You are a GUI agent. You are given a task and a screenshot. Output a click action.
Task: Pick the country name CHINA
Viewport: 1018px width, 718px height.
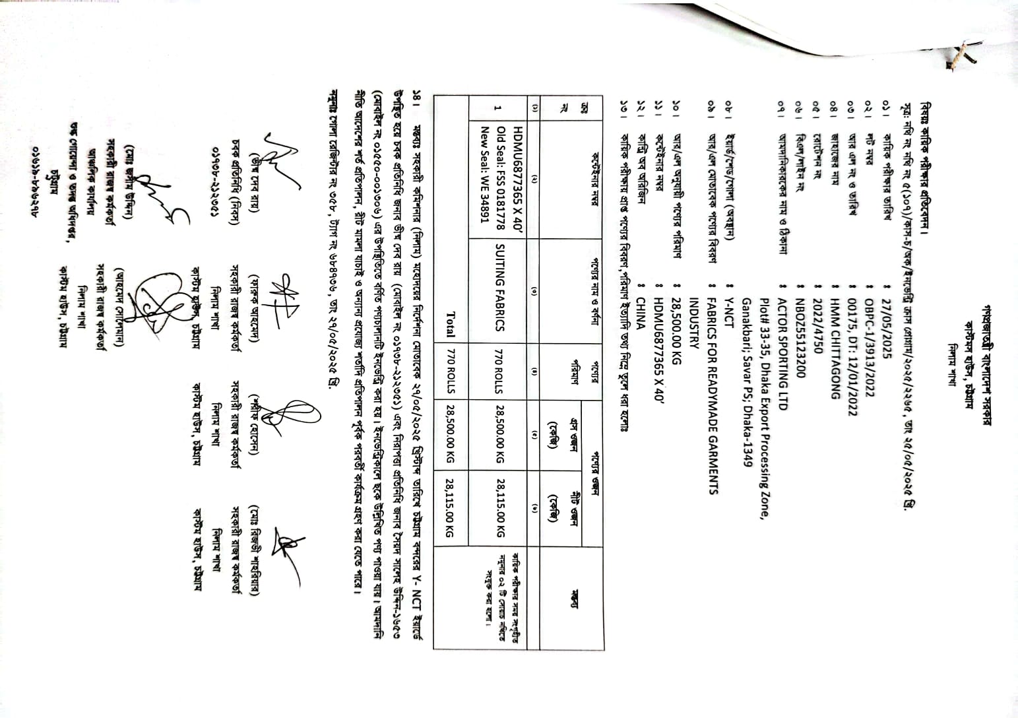click(641, 316)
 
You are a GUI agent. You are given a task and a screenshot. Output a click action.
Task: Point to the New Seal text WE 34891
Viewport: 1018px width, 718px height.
click(489, 199)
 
